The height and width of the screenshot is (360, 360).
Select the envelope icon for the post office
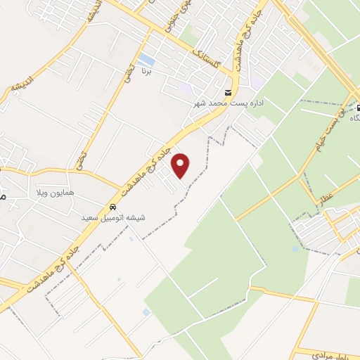(227, 93)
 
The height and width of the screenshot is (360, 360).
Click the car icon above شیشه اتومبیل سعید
(112, 207)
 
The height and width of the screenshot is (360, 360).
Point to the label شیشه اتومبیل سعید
(113, 218)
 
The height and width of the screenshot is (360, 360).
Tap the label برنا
(146, 71)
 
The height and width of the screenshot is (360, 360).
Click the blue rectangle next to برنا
(147, 59)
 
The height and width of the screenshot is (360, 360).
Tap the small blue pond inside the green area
(294, 248)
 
